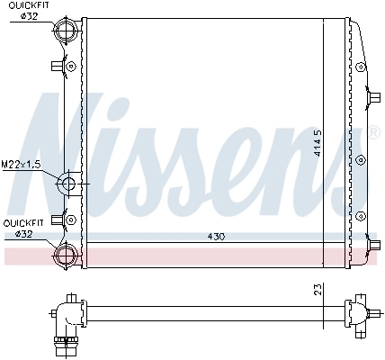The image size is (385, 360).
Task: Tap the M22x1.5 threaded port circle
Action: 68,184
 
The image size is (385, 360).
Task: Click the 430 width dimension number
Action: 216,237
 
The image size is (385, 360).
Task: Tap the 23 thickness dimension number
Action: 318,290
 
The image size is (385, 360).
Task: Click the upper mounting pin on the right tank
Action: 372,93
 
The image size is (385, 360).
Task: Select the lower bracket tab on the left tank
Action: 58,217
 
